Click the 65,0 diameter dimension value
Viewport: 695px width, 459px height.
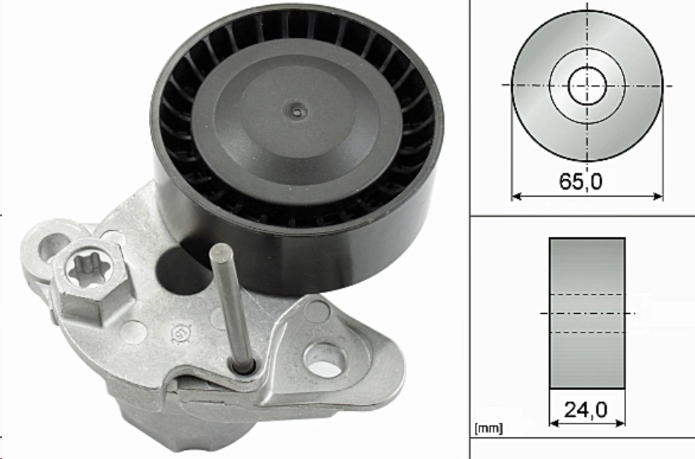click(x=581, y=181)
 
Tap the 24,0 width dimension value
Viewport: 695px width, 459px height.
click(x=585, y=410)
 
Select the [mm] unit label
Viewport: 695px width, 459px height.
click(x=488, y=429)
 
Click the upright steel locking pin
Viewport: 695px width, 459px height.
click(x=231, y=306)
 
